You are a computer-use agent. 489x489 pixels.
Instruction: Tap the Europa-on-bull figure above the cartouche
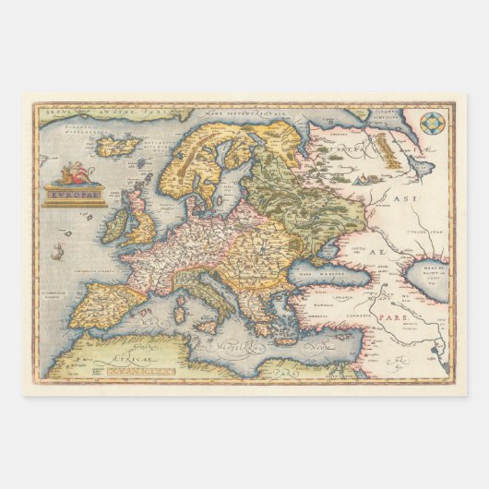pyautogui.click(x=74, y=173)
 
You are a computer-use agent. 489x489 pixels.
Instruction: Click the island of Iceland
pyautogui.click(x=117, y=146)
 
